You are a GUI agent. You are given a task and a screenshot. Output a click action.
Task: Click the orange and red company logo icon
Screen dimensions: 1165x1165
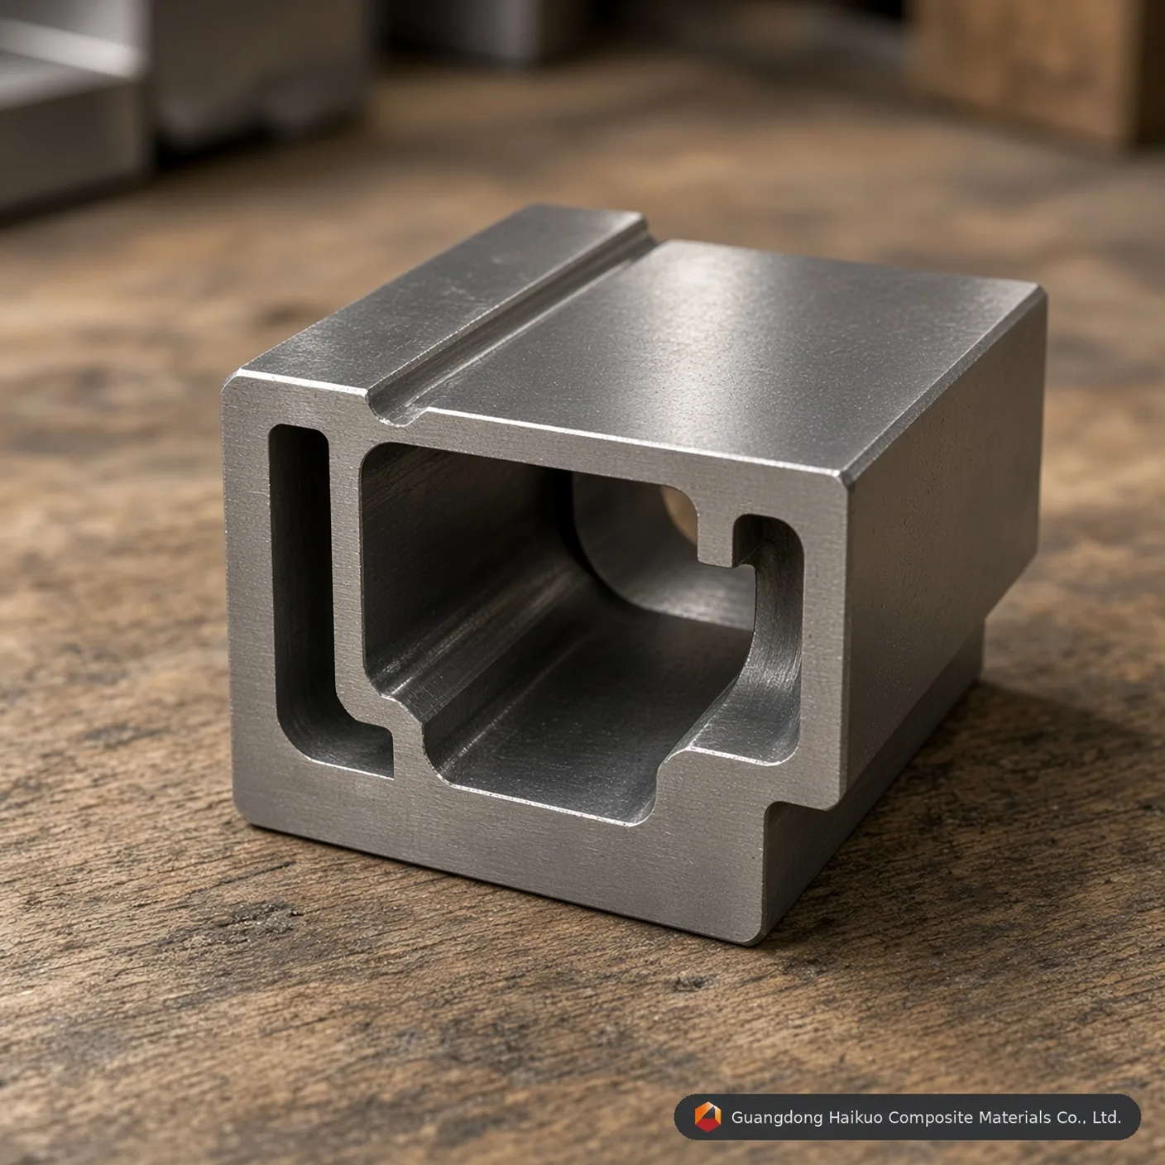click(x=707, y=1116)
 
